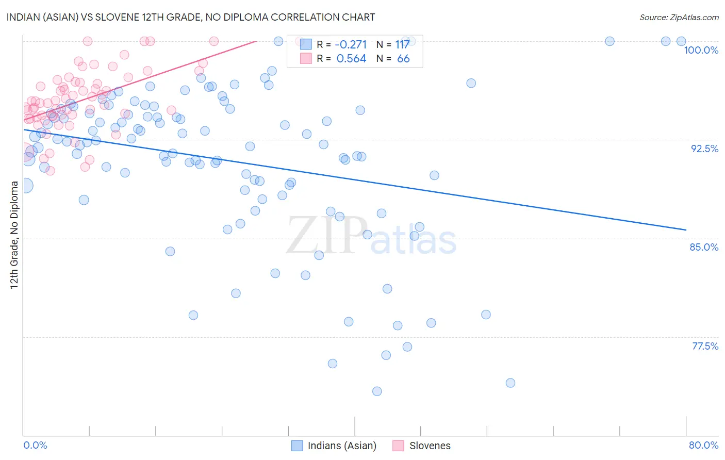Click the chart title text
click(x=191, y=17)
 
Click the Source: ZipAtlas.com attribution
click(x=679, y=17)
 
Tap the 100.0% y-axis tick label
click(x=701, y=50)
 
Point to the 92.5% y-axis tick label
click(x=704, y=149)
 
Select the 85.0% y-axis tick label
click(x=704, y=247)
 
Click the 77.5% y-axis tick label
click(x=705, y=346)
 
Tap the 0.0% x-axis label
click(x=35, y=445)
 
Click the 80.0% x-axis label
click(x=703, y=445)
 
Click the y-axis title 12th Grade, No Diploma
click(x=14, y=235)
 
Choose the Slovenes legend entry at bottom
click(x=430, y=446)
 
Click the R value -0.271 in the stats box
click(x=351, y=45)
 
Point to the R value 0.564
click(x=351, y=59)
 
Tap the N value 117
click(x=402, y=45)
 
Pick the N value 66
click(x=403, y=59)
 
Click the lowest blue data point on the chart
click(x=377, y=391)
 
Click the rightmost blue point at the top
click(x=681, y=41)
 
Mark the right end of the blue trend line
click(x=686, y=229)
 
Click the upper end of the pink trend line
click(x=256, y=41)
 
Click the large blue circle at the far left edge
click(x=25, y=186)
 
